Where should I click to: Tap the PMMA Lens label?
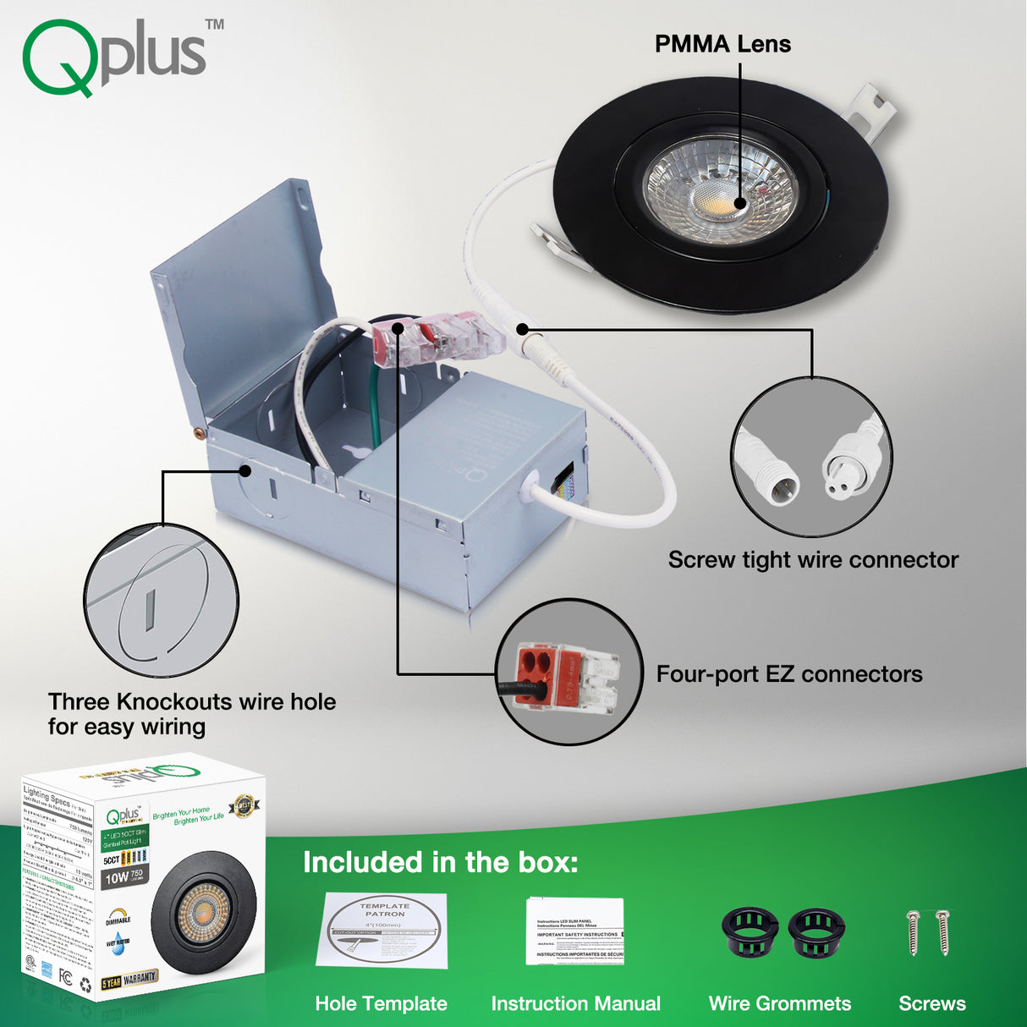click(722, 44)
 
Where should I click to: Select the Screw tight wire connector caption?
click(813, 560)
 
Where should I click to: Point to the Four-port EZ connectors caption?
click(789, 674)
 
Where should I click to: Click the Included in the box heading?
click(441, 862)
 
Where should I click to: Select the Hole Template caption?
click(381, 1003)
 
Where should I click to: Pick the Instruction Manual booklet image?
click(575, 931)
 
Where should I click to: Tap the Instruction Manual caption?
click(575, 1003)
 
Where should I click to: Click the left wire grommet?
click(750, 931)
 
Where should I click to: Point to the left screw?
click(914, 932)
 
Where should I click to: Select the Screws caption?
click(931, 1003)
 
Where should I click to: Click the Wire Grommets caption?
click(779, 1003)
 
